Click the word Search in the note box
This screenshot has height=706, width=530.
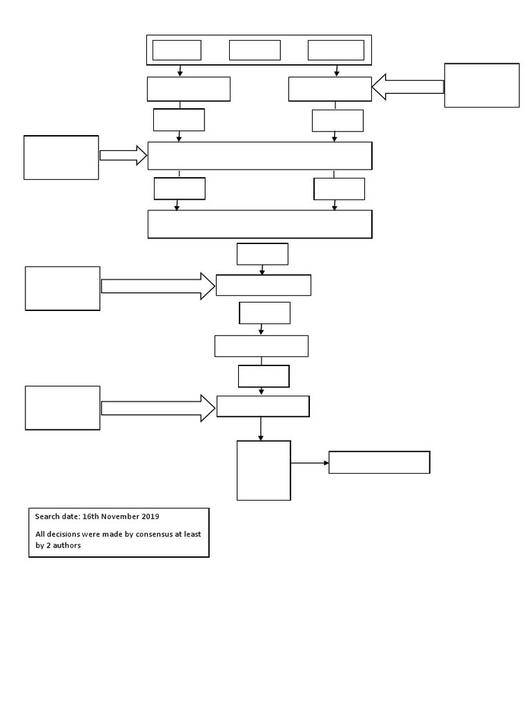point(48,516)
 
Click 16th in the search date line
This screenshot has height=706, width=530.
point(90,516)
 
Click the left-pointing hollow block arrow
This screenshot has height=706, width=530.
point(408,88)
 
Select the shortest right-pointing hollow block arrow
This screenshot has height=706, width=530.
point(124,155)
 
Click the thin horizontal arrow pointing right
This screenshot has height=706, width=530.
point(309,463)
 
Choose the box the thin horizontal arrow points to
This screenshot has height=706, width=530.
point(379,463)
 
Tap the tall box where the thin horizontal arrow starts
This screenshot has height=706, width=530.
point(264,470)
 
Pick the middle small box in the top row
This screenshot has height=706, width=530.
point(255,50)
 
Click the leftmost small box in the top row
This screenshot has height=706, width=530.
point(177,50)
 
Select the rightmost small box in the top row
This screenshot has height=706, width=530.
point(335,50)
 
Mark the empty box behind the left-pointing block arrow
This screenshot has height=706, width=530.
point(482,85)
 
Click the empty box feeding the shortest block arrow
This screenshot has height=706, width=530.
point(61,158)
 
